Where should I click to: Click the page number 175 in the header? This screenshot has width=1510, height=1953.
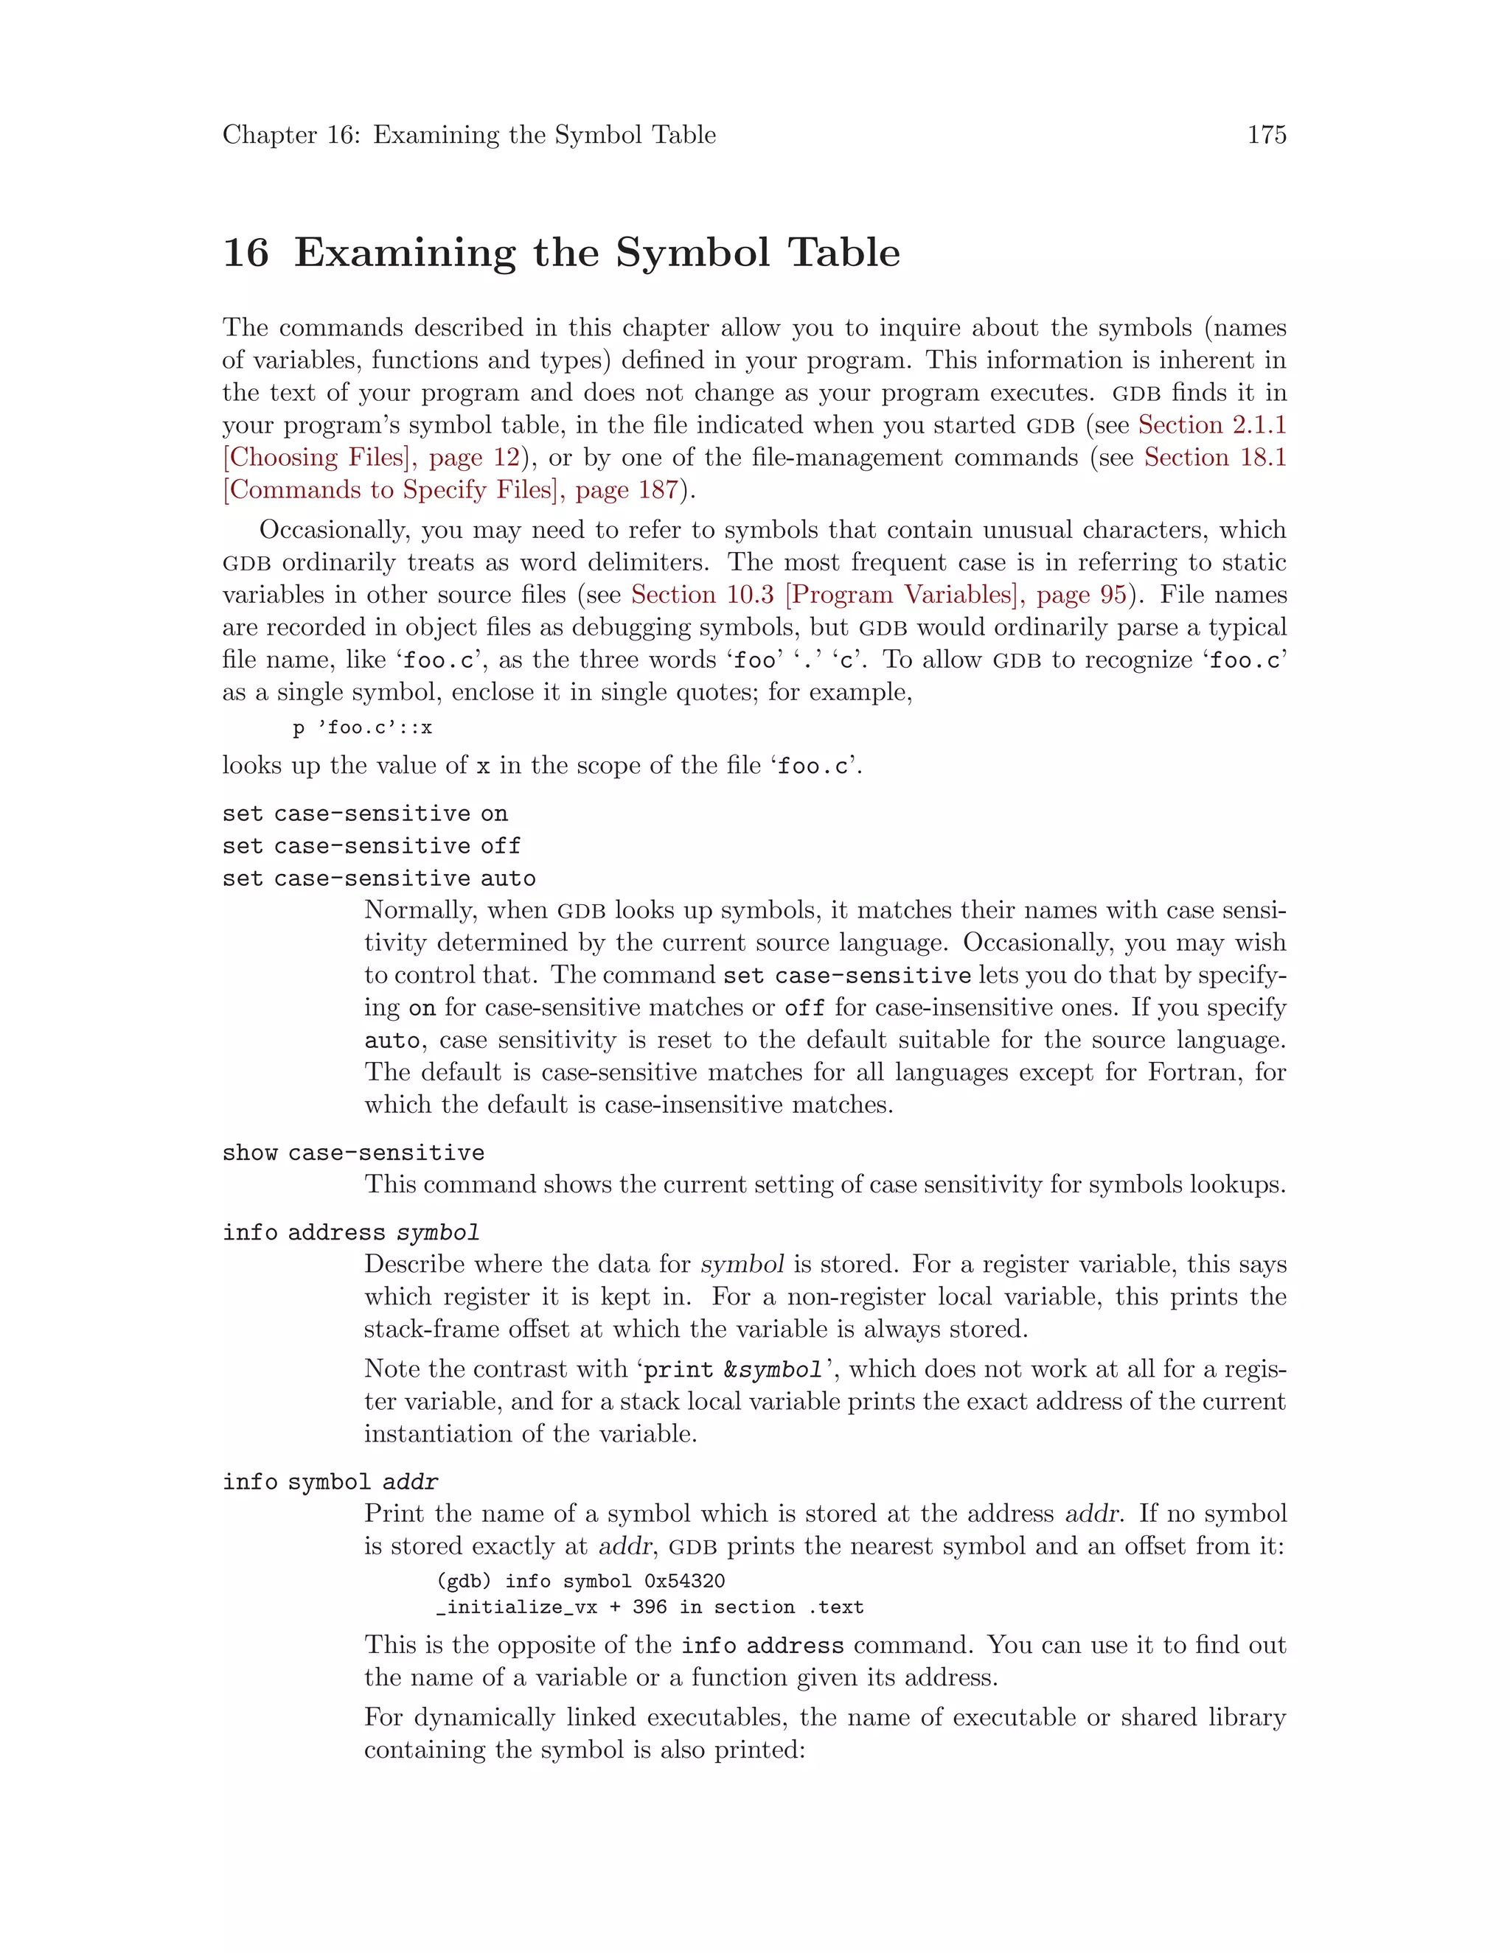(x=1267, y=135)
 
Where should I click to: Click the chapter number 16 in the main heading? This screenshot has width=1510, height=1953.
(x=245, y=253)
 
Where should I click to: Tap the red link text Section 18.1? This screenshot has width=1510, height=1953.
(x=1215, y=457)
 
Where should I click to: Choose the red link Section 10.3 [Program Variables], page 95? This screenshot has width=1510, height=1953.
(x=878, y=595)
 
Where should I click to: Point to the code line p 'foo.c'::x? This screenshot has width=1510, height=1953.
(x=362, y=728)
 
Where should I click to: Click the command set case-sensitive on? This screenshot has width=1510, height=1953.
(x=365, y=814)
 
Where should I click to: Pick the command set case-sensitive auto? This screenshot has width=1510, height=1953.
(x=378, y=878)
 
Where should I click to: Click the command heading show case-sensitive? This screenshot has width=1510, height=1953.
(x=353, y=1153)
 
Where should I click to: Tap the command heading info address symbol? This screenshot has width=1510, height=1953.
(x=351, y=1232)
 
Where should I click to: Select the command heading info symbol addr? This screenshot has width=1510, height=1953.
(x=330, y=1482)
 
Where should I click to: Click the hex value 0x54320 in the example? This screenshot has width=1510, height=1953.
(x=683, y=1581)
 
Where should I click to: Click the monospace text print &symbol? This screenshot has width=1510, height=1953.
(x=733, y=1370)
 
